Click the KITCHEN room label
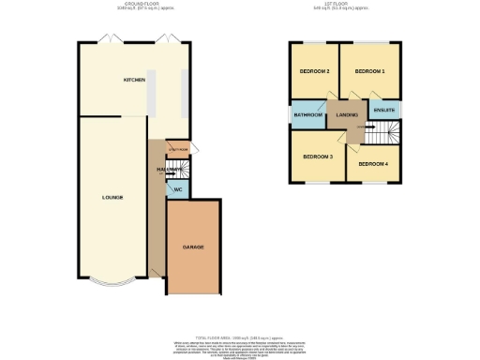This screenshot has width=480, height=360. (x=134, y=81)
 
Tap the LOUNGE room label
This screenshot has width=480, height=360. (x=113, y=198)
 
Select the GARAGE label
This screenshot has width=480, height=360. (x=192, y=247)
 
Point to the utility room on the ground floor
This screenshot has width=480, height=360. (x=178, y=149)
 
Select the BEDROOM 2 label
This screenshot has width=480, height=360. (x=314, y=71)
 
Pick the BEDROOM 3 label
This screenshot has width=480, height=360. (x=318, y=156)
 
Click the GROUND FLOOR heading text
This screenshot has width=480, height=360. (x=133, y=5)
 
